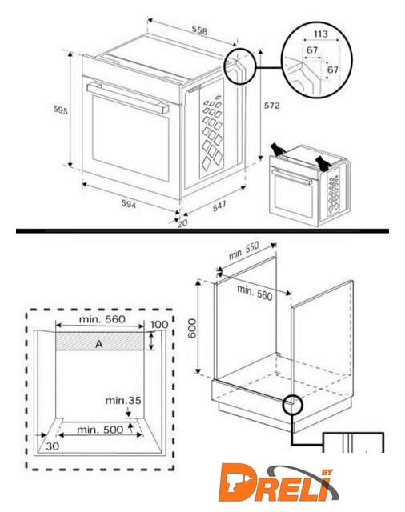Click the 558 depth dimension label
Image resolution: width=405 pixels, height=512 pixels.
click(x=199, y=30)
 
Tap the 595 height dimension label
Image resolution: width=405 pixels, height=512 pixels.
click(x=60, y=110)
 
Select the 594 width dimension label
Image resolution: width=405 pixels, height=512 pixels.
click(x=129, y=204)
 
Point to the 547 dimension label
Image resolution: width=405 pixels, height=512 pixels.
click(x=219, y=206)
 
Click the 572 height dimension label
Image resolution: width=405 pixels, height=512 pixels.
click(x=272, y=106)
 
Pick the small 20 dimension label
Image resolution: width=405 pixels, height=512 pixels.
click(x=182, y=223)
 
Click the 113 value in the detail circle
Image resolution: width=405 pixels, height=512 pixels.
click(x=320, y=34)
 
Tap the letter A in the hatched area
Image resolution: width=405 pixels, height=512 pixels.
click(x=99, y=344)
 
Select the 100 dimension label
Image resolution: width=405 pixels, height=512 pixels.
click(x=159, y=325)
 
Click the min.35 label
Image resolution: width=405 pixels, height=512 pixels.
click(x=123, y=400)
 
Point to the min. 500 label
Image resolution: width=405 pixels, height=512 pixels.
click(x=100, y=430)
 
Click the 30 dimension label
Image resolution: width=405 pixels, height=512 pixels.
click(x=53, y=446)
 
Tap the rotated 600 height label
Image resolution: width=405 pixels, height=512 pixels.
click(x=192, y=329)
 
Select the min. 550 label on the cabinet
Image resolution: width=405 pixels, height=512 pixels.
click(x=243, y=250)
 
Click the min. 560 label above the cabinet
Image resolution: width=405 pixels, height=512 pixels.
click(x=255, y=293)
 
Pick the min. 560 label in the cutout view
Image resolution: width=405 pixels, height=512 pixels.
click(x=102, y=319)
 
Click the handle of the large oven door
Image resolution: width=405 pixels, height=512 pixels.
click(x=128, y=98)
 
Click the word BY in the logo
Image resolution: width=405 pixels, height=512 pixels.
click(x=327, y=472)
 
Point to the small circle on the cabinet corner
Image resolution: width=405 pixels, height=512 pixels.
click(x=293, y=405)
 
